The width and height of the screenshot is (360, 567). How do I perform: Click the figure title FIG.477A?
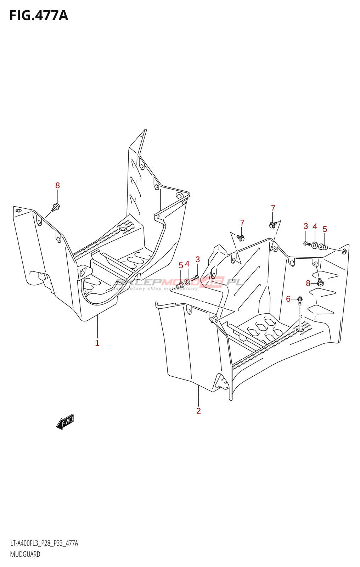click(39, 16)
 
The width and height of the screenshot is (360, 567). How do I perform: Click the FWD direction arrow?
click(65, 422)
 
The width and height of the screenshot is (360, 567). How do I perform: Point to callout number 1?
click(97, 343)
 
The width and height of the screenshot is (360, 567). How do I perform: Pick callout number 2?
click(198, 411)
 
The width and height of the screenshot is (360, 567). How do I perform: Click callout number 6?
click(288, 299)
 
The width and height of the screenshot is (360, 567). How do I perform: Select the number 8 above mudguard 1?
click(57, 186)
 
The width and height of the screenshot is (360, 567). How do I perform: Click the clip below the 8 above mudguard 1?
click(56, 207)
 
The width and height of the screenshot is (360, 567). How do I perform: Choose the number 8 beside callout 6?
click(308, 283)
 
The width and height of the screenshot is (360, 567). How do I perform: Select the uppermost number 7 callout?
click(273, 208)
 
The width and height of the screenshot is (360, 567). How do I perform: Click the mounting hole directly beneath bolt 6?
click(300, 330)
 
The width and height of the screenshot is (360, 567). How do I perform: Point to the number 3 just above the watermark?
click(197, 259)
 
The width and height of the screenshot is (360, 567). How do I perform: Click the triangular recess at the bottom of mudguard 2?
click(221, 383)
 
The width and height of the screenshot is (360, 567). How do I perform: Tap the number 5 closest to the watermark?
click(181, 265)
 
